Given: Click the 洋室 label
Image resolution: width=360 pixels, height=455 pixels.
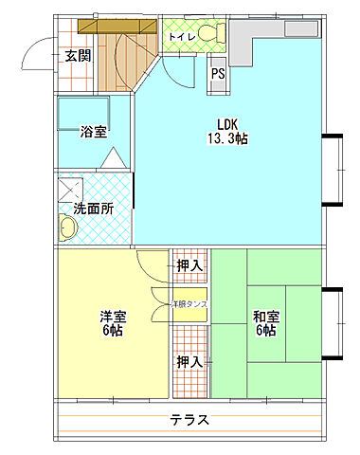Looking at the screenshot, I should [x=113, y=316].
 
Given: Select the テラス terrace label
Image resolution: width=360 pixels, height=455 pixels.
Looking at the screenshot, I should [x=189, y=420].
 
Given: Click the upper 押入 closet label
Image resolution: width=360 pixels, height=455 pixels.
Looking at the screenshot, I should [x=189, y=266].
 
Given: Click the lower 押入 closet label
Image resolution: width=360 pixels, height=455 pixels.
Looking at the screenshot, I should [x=189, y=361].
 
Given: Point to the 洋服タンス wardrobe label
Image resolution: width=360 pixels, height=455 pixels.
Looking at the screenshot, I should [x=189, y=304].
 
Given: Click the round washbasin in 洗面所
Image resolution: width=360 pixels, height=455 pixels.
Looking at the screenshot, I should [x=68, y=228].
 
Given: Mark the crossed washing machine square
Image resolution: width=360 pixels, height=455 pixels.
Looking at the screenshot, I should [x=68, y=187].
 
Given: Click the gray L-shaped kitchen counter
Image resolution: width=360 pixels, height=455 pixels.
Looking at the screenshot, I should [x=252, y=38].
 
